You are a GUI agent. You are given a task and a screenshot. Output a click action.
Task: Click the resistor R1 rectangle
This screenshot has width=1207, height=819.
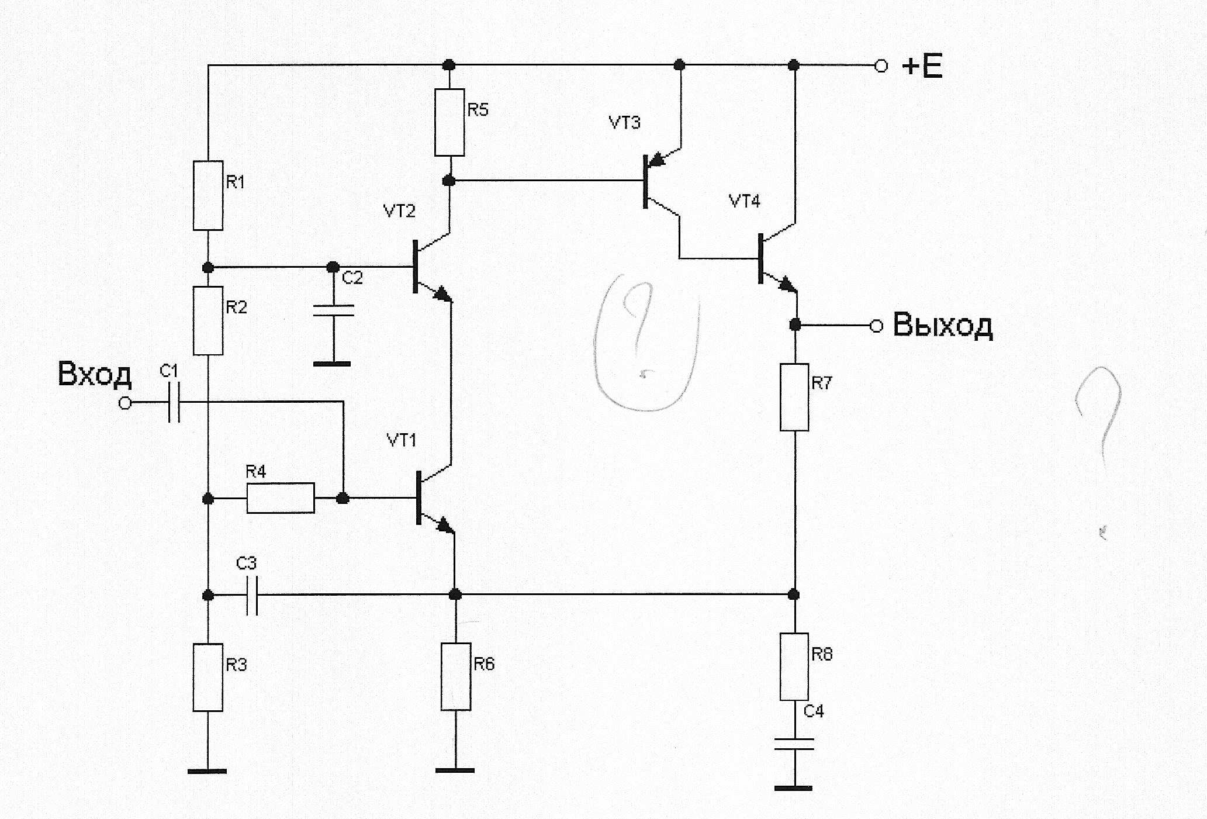(x=208, y=195)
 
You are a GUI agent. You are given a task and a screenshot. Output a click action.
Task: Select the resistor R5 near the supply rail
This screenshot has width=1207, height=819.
(x=449, y=122)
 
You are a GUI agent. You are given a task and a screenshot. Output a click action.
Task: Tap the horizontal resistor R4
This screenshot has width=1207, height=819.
(x=281, y=498)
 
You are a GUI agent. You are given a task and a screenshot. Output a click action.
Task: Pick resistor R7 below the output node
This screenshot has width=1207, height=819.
(x=794, y=397)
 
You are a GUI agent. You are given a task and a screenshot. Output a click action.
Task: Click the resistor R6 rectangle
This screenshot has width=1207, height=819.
(x=456, y=676)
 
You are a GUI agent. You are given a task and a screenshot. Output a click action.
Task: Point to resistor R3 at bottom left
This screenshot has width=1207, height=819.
(x=208, y=678)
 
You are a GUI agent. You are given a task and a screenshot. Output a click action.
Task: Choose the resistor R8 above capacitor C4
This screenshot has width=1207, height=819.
(x=794, y=666)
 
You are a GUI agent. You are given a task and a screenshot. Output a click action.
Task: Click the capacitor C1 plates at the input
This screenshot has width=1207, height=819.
(x=174, y=403)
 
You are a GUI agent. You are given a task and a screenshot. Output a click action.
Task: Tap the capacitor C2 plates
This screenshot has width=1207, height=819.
(x=333, y=310)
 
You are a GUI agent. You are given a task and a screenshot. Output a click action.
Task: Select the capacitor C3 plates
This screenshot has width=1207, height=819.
(x=252, y=596)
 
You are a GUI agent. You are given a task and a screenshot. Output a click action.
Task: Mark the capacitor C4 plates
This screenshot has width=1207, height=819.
(x=794, y=744)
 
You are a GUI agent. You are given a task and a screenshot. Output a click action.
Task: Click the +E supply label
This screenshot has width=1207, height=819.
(x=922, y=67)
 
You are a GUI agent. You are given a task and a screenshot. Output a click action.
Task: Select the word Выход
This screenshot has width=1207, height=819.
(x=943, y=325)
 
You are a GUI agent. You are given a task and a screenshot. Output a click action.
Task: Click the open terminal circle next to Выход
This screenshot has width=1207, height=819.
(x=876, y=326)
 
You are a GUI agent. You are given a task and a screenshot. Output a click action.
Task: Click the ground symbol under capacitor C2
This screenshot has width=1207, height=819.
(x=333, y=364)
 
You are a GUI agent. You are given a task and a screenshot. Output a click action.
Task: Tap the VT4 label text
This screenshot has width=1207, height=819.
(x=744, y=202)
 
